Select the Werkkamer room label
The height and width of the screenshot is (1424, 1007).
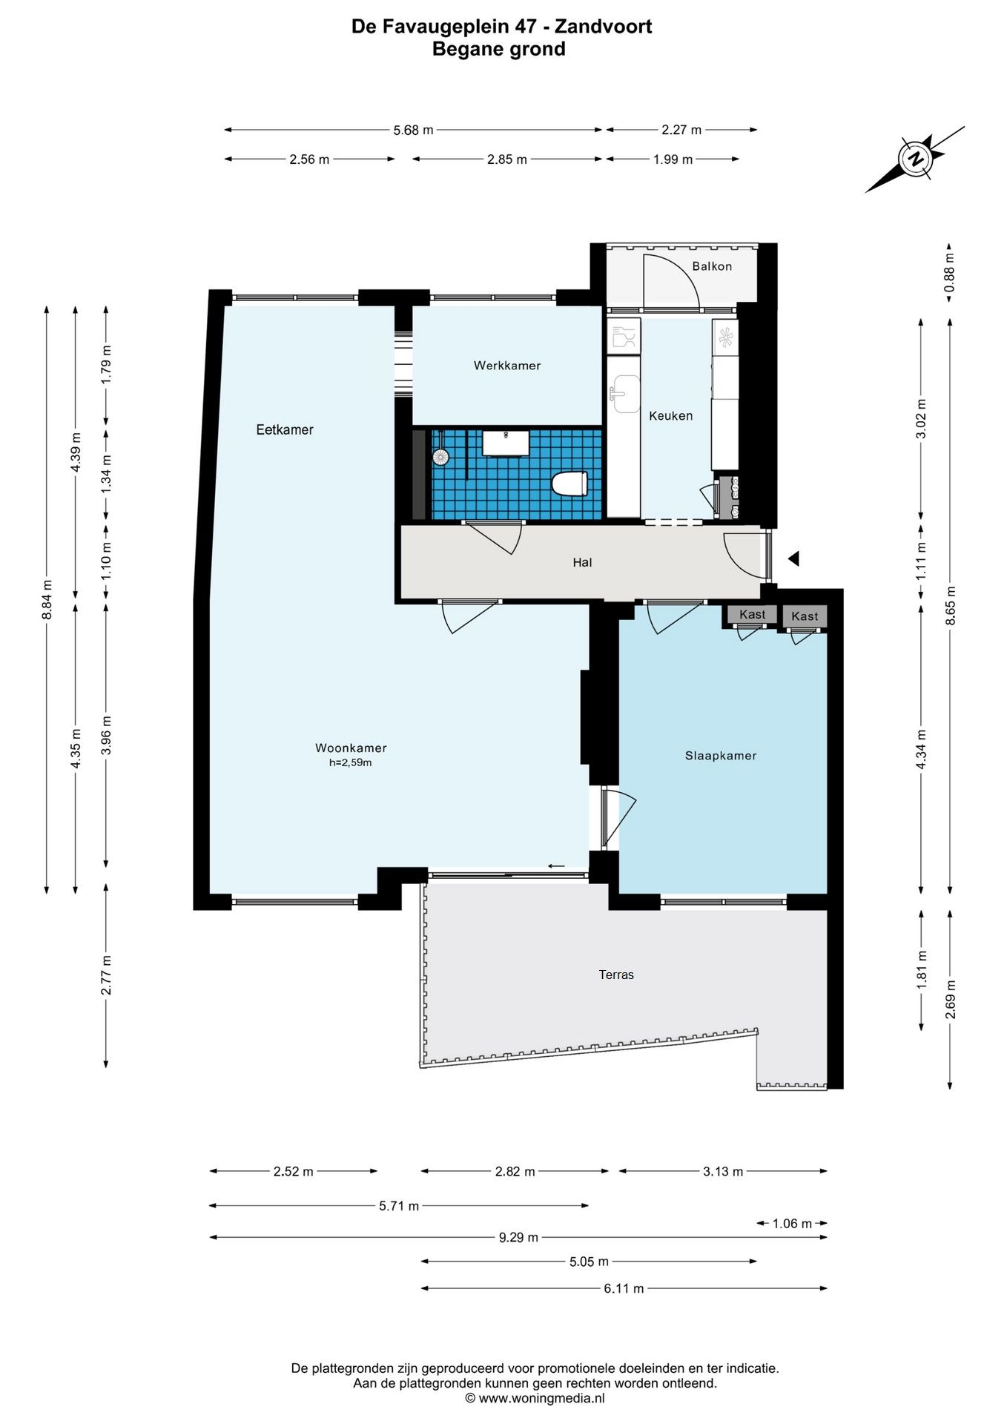(x=507, y=366)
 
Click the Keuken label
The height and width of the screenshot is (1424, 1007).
(x=670, y=416)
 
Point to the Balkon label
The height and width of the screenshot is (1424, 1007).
(x=712, y=266)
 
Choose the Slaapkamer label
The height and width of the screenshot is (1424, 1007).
(x=721, y=756)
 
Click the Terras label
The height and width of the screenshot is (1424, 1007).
(x=616, y=975)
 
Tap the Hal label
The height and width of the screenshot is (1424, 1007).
(x=582, y=562)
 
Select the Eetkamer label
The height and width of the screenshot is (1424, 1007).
(x=285, y=429)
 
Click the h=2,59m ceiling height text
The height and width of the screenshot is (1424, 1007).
(x=351, y=762)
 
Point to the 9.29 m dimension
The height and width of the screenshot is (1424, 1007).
(x=518, y=1237)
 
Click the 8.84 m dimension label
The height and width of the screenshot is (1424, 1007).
(x=47, y=598)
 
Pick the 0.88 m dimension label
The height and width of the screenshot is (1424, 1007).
(x=950, y=274)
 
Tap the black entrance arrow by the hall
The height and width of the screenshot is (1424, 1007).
(x=793, y=558)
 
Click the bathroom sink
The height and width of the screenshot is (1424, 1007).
(x=506, y=443)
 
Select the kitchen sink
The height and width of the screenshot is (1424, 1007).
(x=625, y=392)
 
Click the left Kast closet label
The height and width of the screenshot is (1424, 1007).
(x=752, y=614)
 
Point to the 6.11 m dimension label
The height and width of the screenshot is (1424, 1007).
(x=624, y=1288)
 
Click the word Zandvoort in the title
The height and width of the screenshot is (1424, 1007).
(x=604, y=27)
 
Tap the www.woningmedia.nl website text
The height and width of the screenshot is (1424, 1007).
(x=542, y=1398)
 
